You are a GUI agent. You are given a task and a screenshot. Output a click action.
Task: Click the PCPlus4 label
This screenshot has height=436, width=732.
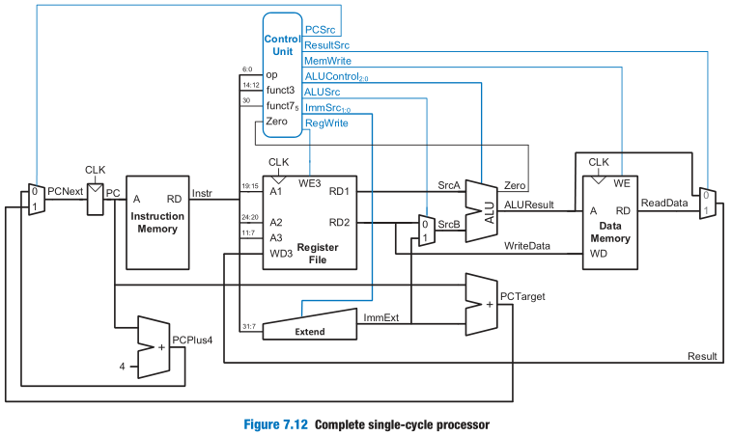[192, 340]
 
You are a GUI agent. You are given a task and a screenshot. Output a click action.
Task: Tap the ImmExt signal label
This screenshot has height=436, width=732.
[380, 315]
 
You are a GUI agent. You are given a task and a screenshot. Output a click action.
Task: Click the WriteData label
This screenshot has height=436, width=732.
[527, 246]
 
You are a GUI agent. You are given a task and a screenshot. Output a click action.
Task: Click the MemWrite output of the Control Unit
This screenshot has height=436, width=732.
[326, 60]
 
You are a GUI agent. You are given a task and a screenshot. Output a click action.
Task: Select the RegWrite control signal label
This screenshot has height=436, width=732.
[326, 123]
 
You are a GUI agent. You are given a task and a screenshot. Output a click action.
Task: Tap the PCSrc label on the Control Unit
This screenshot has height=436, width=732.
[320, 29]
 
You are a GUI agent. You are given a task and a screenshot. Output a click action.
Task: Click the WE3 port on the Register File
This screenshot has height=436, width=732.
[310, 182]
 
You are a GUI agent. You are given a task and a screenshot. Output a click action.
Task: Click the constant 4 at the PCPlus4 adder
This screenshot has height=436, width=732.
[122, 366]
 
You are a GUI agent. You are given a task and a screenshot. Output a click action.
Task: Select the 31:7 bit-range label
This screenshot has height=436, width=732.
[248, 326]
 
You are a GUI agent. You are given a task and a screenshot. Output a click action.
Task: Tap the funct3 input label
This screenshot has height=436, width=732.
[280, 90]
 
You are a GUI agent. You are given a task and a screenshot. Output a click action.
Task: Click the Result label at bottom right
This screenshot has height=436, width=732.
[702, 356]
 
